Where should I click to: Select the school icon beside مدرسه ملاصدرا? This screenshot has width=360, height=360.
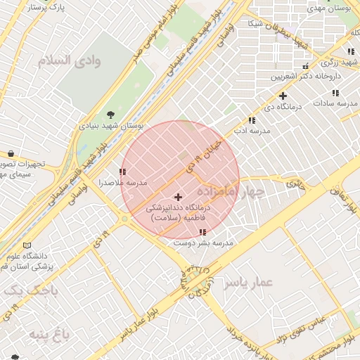pyautogui.click(x=123, y=172)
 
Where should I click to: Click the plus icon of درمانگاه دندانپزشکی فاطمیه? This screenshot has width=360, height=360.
pyautogui.click(x=178, y=197)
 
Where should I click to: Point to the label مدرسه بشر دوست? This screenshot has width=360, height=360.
pyautogui.click(x=203, y=243)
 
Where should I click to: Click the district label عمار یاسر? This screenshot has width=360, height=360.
pyautogui.click(x=247, y=283)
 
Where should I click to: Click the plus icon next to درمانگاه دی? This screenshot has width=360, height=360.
pyautogui.click(x=283, y=96)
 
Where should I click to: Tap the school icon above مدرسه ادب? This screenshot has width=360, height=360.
pyautogui.click(x=252, y=121)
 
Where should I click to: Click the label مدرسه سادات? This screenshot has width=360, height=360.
pyautogui.click(x=335, y=103)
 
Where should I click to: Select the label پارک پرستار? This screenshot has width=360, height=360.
pyautogui.click(x=49, y=7)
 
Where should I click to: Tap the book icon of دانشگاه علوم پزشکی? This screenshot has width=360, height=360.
pyautogui.click(x=27, y=245)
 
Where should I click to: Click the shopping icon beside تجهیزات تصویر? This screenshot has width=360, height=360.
pyautogui.click(x=11, y=154)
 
